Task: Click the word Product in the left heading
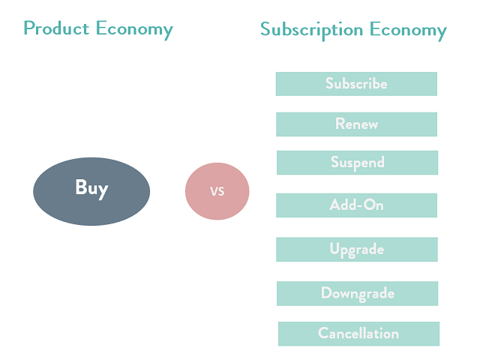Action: click(x=57, y=28)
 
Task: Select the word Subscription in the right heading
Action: click(x=311, y=30)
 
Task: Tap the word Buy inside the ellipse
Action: click(x=91, y=187)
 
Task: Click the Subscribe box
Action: click(x=356, y=84)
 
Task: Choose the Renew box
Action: click(x=356, y=124)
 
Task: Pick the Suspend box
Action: click(x=357, y=163)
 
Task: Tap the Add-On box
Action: click(x=357, y=205)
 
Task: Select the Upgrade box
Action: click(x=357, y=250)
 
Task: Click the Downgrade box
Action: click(x=358, y=293)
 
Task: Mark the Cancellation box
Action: click(x=358, y=334)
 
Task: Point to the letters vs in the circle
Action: click(x=217, y=191)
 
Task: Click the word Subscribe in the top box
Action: click(x=356, y=84)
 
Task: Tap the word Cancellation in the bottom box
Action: click(x=358, y=334)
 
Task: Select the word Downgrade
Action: click(x=358, y=293)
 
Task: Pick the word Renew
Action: click(x=356, y=124)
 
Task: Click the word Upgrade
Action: click(x=357, y=250)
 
